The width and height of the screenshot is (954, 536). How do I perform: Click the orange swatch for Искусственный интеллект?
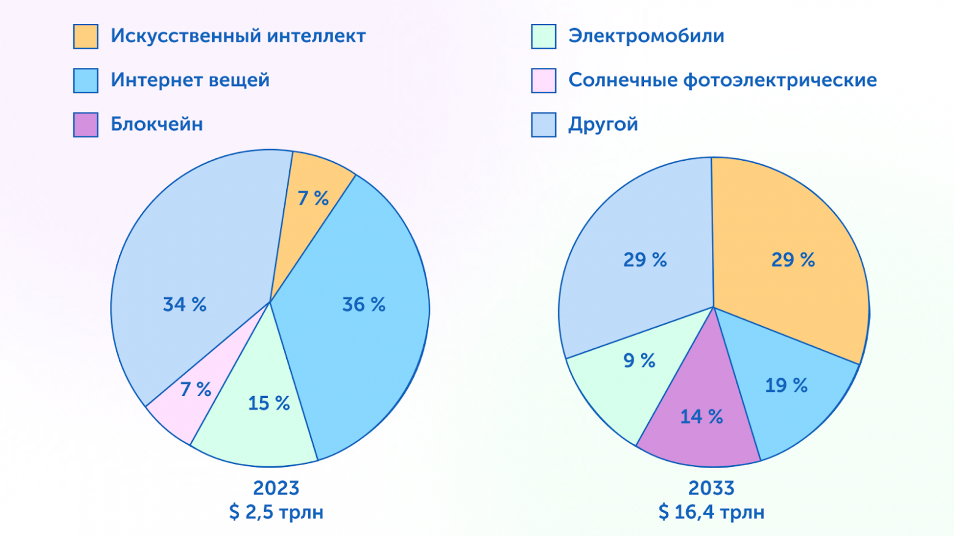click(86, 36)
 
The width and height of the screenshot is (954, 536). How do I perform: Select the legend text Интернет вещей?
click(190, 80)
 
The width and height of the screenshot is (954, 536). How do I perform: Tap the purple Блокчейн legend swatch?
click(86, 125)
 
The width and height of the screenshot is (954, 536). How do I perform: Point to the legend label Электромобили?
click(646, 36)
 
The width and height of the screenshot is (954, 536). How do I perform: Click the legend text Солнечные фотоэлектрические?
click(722, 80)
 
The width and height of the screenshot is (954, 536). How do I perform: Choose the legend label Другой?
click(603, 125)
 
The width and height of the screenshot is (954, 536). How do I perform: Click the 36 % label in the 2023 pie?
click(363, 304)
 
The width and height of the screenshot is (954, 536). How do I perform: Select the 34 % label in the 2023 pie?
click(185, 304)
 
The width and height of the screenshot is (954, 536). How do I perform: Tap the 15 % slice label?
click(268, 403)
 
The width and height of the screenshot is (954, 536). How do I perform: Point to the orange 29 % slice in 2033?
click(793, 260)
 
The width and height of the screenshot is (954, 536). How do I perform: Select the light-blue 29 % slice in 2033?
click(645, 260)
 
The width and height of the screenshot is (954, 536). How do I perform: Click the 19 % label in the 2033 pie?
click(786, 386)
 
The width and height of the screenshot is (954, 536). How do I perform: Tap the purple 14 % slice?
click(701, 417)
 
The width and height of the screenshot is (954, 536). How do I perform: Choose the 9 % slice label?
click(639, 361)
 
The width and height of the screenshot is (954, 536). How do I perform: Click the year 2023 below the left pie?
click(276, 488)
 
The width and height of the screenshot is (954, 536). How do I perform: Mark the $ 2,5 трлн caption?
click(276, 512)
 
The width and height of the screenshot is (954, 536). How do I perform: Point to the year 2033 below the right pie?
click(711, 488)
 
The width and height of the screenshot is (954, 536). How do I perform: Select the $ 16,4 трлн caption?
click(711, 512)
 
